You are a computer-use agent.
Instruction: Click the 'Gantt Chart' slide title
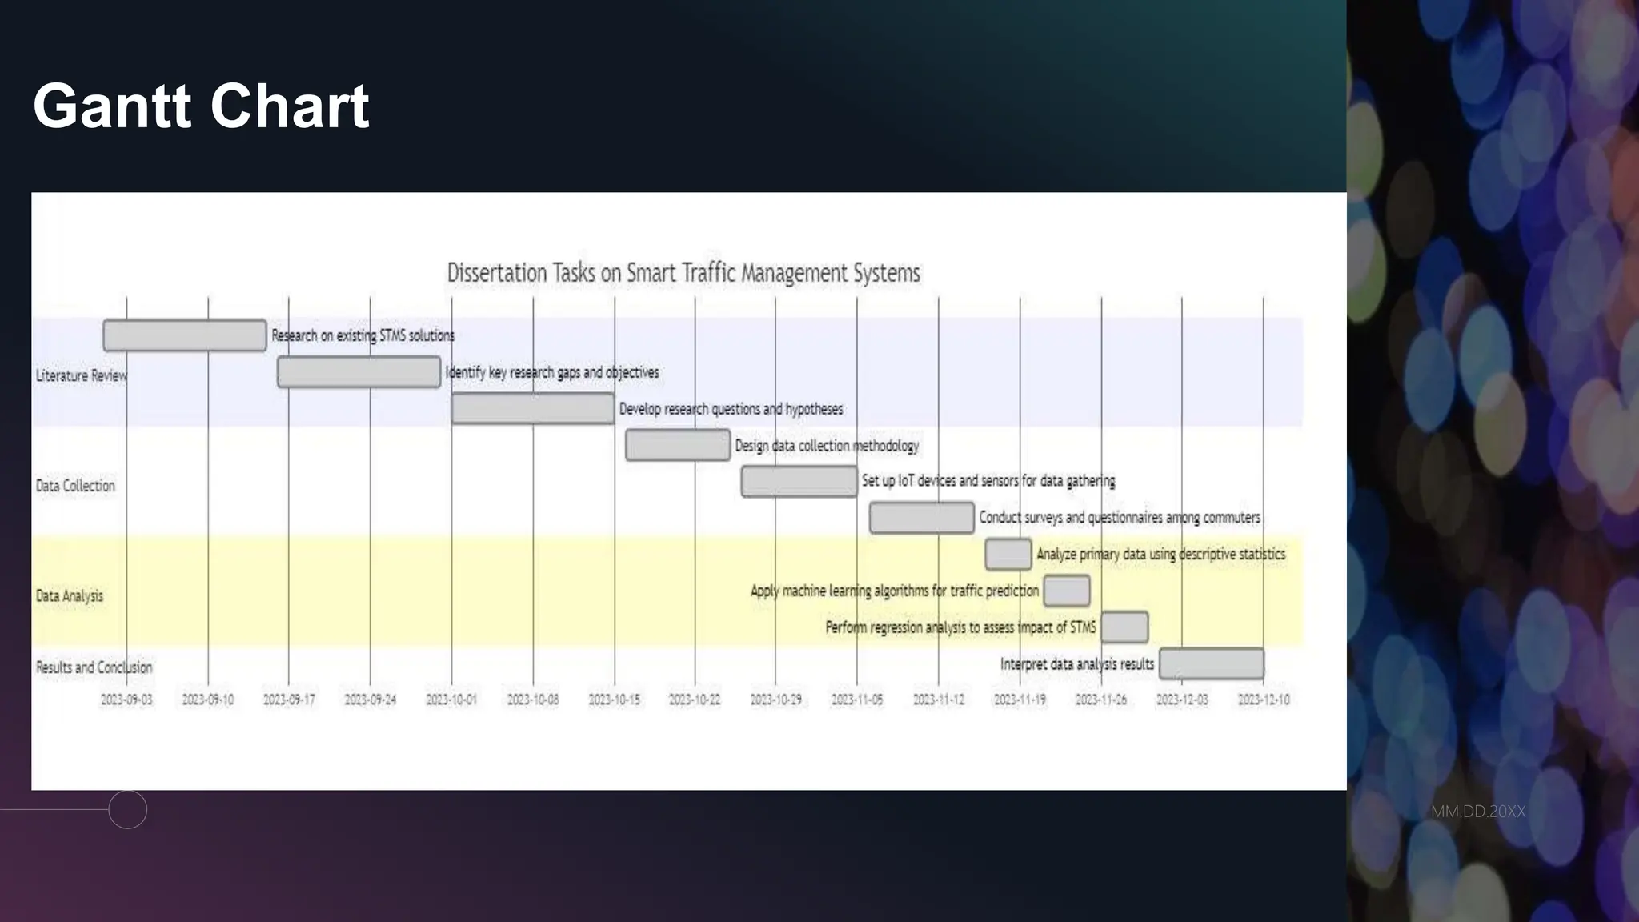click(x=201, y=106)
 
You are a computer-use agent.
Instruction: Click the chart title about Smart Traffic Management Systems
click(x=683, y=273)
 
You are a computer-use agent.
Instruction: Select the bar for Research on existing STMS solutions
click(x=185, y=335)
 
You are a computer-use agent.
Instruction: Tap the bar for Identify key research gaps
click(x=359, y=372)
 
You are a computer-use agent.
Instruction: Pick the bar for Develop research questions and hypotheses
click(x=533, y=409)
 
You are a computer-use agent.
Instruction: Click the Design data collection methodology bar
click(x=677, y=445)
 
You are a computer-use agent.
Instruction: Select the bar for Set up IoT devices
click(x=799, y=481)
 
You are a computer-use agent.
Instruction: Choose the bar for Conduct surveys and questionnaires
click(x=921, y=518)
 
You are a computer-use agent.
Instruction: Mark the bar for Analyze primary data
click(x=1008, y=554)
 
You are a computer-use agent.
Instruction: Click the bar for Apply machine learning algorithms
click(x=1066, y=591)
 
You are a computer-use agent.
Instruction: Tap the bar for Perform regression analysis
click(x=1124, y=627)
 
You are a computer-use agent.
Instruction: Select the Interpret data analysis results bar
click(x=1212, y=664)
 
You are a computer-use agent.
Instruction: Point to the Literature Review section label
click(x=81, y=375)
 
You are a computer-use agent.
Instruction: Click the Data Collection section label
click(x=75, y=486)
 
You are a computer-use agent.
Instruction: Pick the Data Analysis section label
click(x=70, y=596)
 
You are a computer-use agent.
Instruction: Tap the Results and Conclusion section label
click(x=94, y=667)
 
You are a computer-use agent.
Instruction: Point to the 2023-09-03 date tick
click(x=126, y=700)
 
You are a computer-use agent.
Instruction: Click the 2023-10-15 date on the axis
click(x=614, y=700)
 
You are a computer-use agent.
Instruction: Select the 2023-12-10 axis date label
click(x=1264, y=700)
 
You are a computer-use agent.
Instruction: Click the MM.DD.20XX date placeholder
click(x=1477, y=812)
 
